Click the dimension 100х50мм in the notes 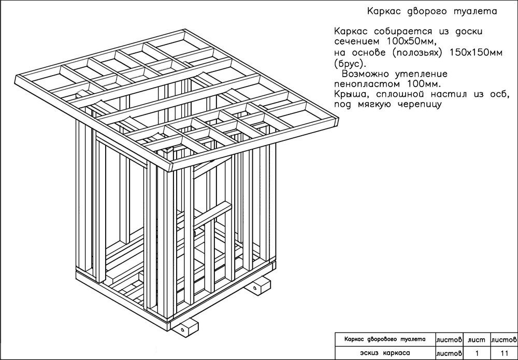pos(408,41)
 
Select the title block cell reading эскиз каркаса pos(386,353)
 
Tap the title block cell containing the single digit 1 pos(476,353)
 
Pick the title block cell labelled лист pos(476,339)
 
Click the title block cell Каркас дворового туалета pos(386,339)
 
